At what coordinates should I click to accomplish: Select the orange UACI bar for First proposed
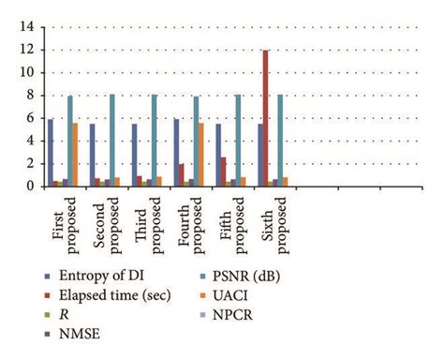[75, 155]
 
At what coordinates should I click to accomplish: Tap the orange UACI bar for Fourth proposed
[201, 155]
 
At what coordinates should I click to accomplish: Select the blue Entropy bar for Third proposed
[134, 155]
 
